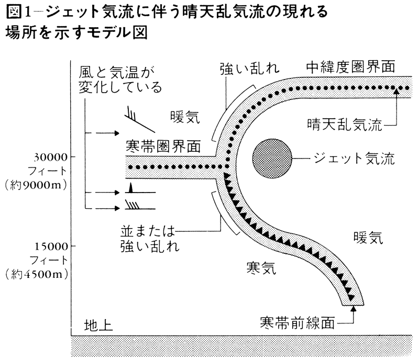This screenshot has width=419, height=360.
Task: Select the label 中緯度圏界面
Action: [x=350, y=67]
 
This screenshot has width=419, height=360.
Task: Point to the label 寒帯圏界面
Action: [x=163, y=146]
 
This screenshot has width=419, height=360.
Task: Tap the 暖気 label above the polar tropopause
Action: [x=185, y=116]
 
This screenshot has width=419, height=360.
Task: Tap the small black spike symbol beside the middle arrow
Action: [x=131, y=188]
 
